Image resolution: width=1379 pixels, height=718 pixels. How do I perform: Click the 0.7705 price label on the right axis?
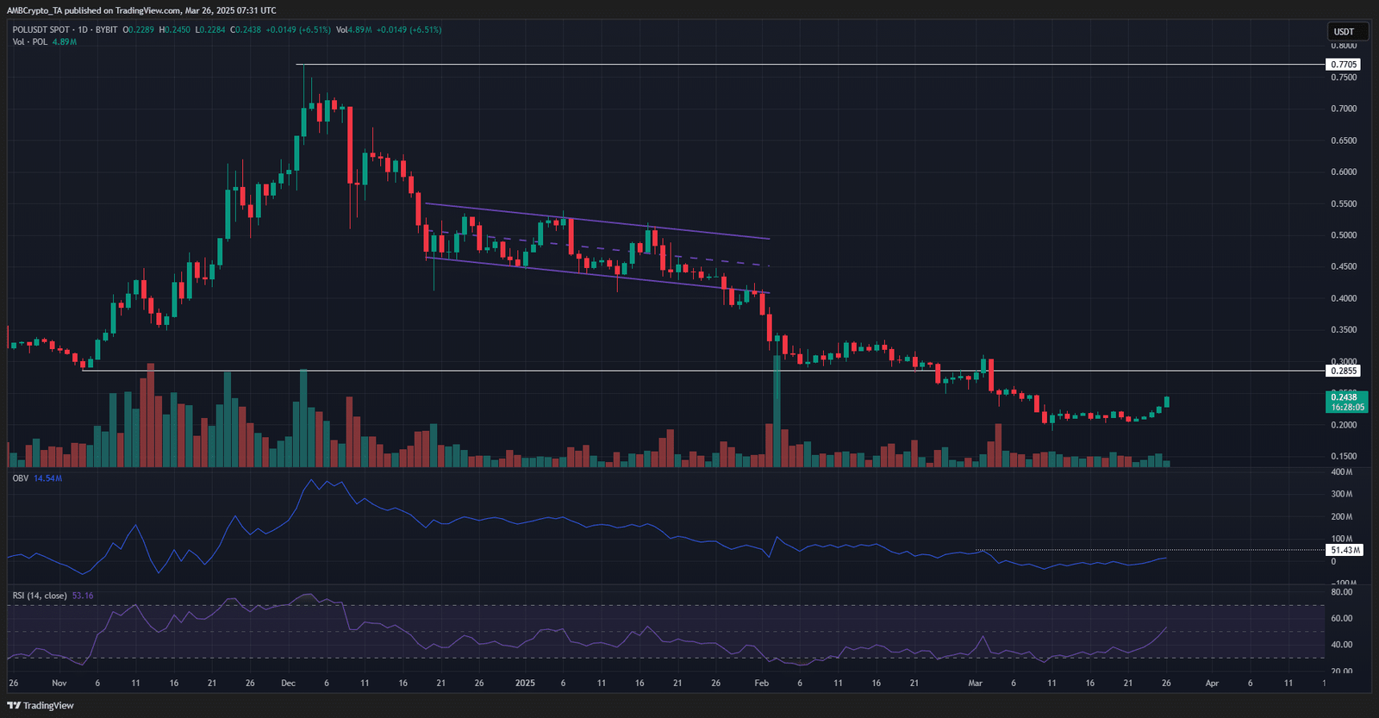(x=1344, y=65)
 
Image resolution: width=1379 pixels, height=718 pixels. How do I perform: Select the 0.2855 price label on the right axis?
(x=1344, y=371)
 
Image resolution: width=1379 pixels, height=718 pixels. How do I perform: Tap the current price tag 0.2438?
(x=1345, y=397)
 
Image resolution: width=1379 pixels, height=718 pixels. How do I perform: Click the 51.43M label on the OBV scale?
(x=1345, y=550)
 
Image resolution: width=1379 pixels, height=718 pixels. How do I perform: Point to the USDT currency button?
(x=1345, y=32)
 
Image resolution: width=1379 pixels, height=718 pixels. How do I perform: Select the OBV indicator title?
(x=20, y=478)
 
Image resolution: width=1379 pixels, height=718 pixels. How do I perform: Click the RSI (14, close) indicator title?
(x=40, y=596)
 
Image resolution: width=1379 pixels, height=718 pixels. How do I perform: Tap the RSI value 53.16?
(x=83, y=596)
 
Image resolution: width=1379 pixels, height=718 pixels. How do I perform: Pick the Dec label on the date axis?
(x=288, y=683)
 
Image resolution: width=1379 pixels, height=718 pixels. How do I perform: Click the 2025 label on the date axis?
(x=525, y=683)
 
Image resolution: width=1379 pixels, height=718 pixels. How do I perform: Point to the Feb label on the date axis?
(x=761, y=683)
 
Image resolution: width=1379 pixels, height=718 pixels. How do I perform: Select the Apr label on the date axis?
(x=1212, y=683)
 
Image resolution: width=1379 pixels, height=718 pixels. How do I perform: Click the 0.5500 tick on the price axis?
(x=1344, y=204)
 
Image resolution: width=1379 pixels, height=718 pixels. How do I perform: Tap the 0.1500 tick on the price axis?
(x=1344, y=457)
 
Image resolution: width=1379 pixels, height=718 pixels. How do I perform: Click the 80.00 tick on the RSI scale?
(x=1341, y=592)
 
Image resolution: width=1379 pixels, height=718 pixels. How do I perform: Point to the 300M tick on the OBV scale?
(x=1341, y=495)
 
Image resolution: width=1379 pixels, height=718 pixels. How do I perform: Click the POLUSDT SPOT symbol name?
(x=41, y=30)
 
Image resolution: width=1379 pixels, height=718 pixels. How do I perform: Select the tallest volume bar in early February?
(x=777, y=410)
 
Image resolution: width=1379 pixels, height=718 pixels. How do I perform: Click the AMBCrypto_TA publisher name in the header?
(x=34, y=10)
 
